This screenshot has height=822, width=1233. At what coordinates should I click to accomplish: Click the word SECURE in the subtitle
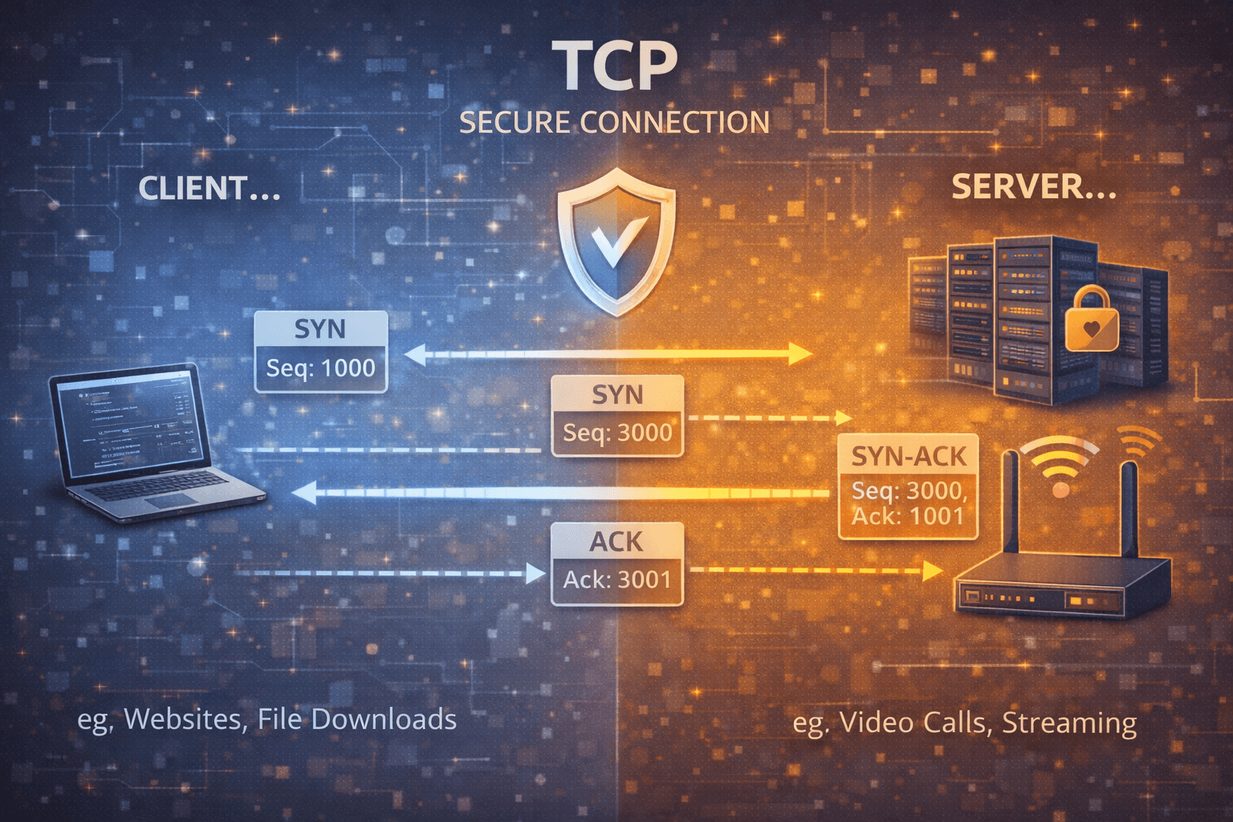[x=514, y=123]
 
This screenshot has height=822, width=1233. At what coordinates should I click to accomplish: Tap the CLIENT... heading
[x=209, y=189]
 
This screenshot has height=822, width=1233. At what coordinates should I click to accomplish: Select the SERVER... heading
[x=1033, y=187]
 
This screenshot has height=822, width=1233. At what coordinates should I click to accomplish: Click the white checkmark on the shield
[x=615, y=241]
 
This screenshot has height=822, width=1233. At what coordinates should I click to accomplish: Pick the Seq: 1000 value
[x=321, y=368]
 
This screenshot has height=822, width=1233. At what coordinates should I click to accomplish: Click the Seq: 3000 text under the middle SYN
[x=616, y=433]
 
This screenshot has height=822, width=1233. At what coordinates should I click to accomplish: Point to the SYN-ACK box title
[x=908, y=457]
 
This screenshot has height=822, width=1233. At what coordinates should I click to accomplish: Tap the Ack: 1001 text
[x=907, y=516]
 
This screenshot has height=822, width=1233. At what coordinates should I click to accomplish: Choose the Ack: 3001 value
[x=616, y=580]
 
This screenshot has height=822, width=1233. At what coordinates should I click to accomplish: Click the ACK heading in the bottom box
[x=616, y=542]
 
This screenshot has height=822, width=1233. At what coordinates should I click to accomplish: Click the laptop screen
[x=128, y=421]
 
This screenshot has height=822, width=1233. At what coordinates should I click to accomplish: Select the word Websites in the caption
[x=182, y=719]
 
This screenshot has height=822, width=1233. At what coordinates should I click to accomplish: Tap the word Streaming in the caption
[x=1068, y=723]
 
